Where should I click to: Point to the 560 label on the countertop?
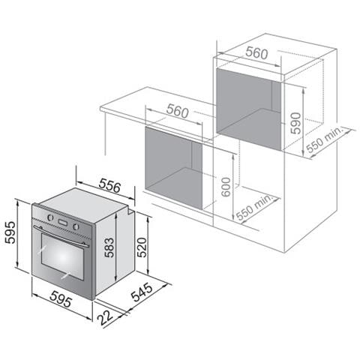177,112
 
